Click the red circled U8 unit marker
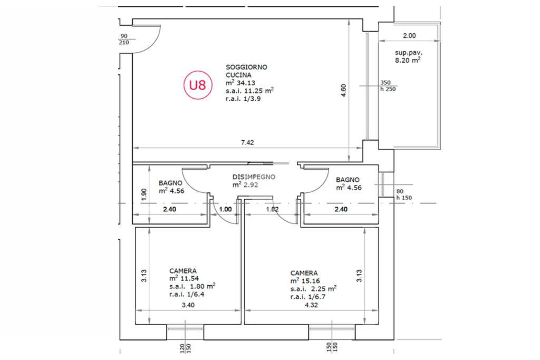tap(198, 85)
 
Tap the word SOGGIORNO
tap(246, 67)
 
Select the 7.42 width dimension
tap(247, 142)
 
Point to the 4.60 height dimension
tap(343, 90)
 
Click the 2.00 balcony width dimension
tap(409, 35)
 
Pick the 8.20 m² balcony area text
tap(408, 60)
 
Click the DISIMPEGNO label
tap(254, 177)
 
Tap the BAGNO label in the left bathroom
tap(170, 183)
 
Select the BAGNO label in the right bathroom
tap(348, 180)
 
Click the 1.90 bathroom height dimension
tap(144, 194)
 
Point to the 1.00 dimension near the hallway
tap(226, 209)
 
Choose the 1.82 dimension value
tap(272, 209)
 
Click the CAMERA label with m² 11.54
tap(183, 271)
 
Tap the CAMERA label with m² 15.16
tap(304, 273)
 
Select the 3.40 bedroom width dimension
tap(188, 305)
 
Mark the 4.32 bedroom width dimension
tap(311, 305)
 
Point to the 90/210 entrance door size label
tap(123, 39)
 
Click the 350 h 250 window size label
tap(388, 86)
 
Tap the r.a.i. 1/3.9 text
tap(243, 99)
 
